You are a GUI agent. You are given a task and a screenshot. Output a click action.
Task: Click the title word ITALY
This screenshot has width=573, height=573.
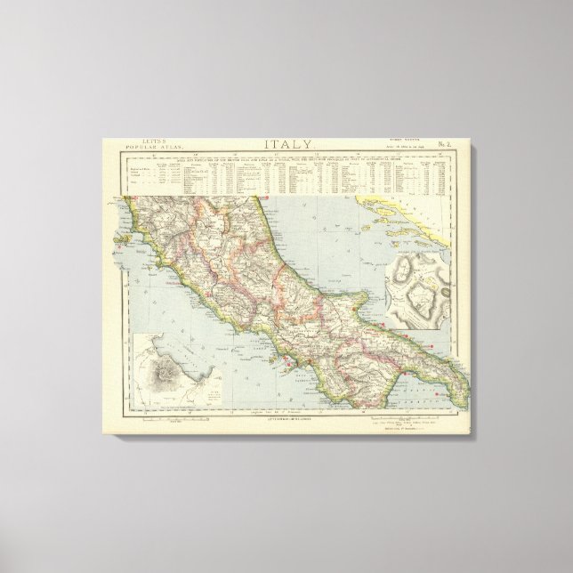286,144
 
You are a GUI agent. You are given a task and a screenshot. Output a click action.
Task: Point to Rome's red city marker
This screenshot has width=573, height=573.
210,293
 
